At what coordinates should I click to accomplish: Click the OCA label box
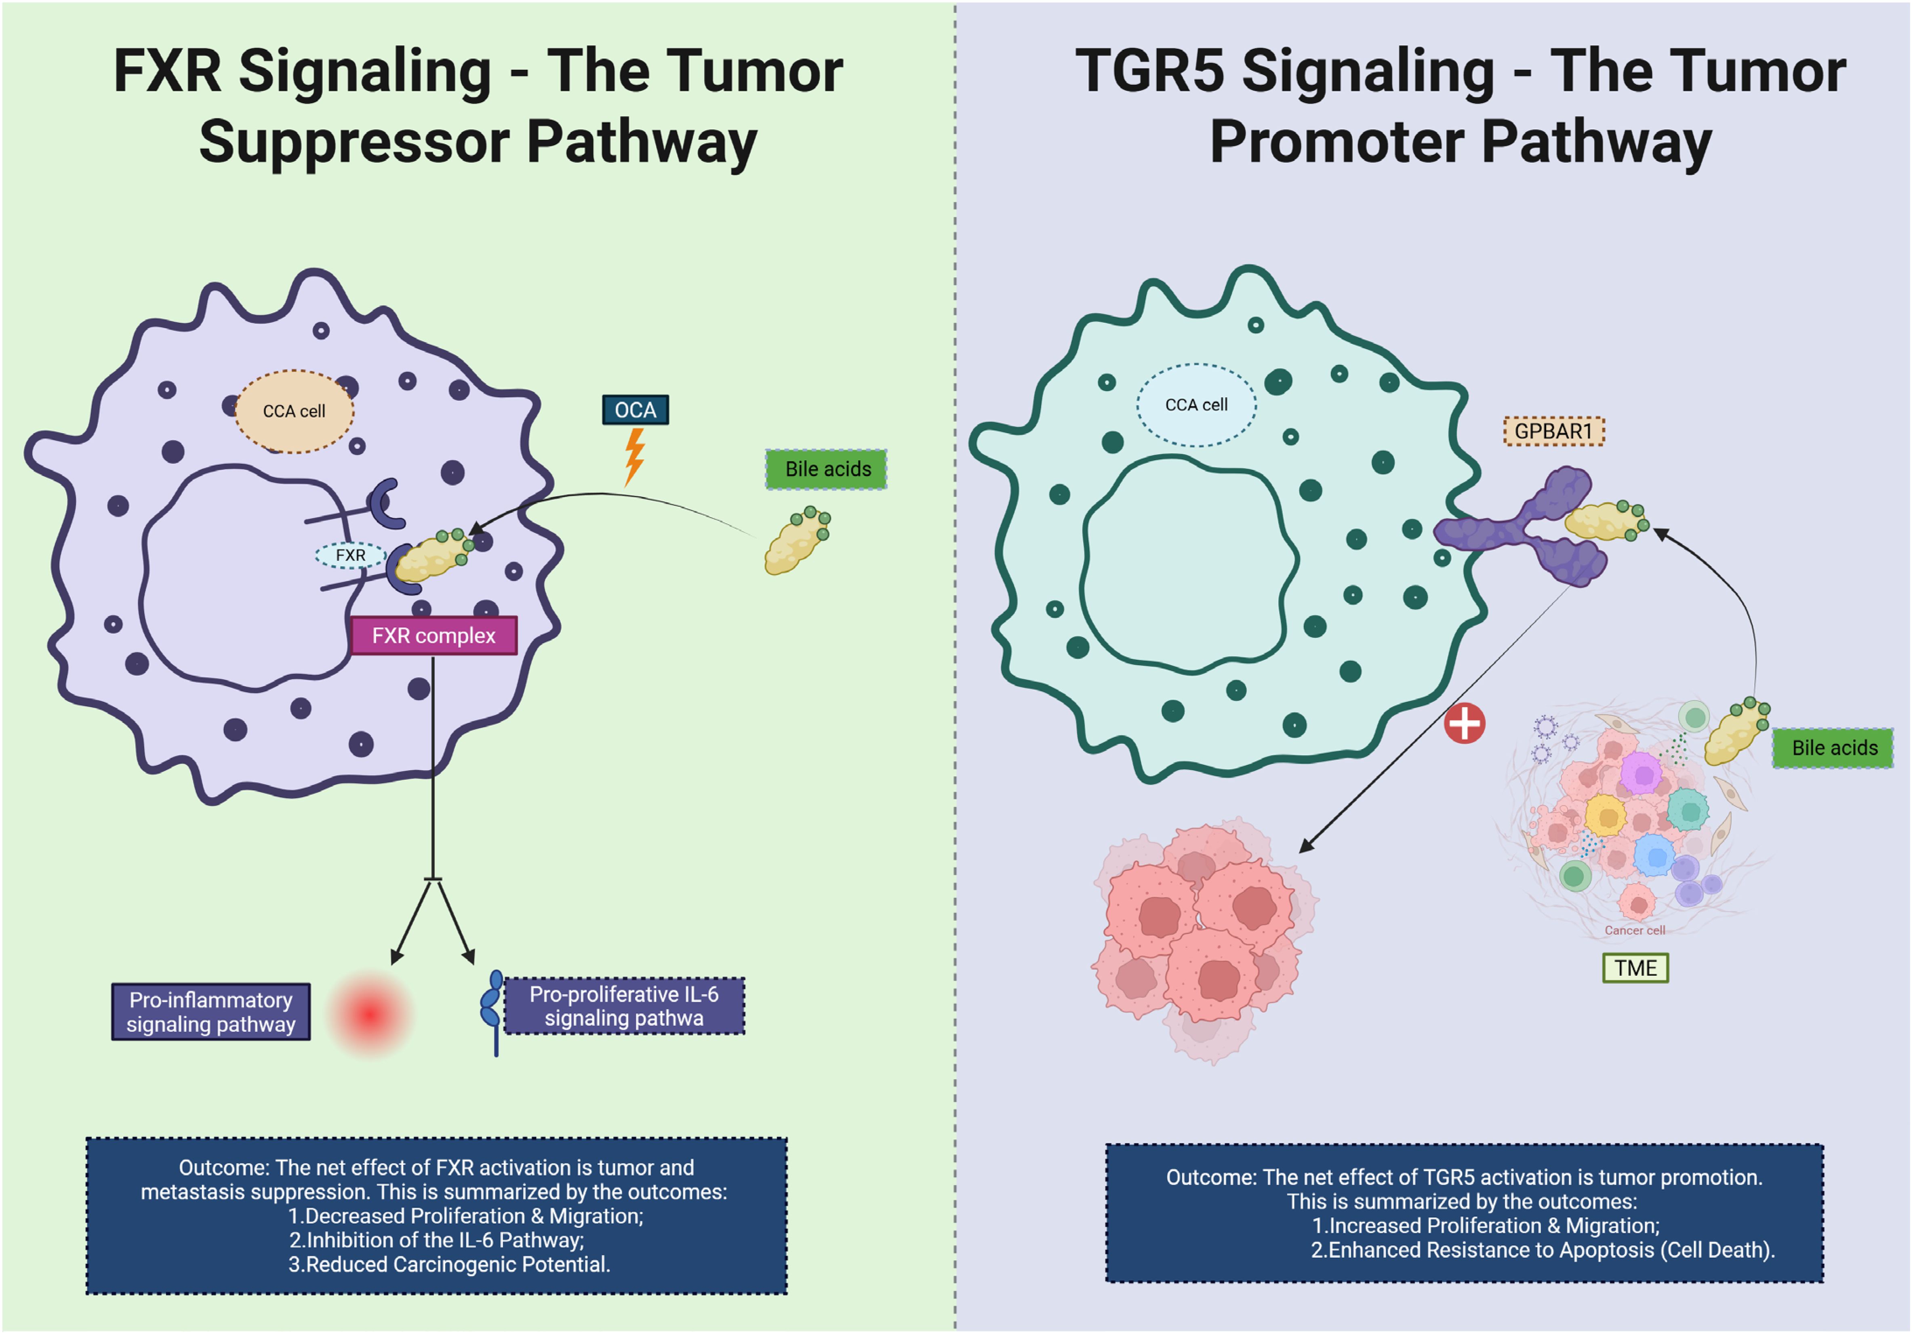635,410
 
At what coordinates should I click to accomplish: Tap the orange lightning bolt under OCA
634,456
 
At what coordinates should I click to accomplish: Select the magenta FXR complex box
433,636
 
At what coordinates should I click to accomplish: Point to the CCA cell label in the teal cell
1196,405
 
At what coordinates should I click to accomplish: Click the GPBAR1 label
1553,432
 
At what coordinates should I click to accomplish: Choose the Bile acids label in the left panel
827,469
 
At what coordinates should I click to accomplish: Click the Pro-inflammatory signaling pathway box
211,1012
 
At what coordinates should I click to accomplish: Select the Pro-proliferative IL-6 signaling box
624,1006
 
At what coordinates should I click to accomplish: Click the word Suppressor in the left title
354,142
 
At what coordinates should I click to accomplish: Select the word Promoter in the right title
1336,142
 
